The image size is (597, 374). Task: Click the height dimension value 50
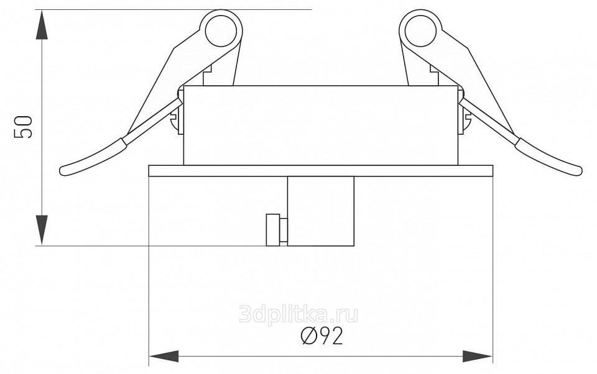(x=22, y=127)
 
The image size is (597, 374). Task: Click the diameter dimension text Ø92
(x=322, y=335)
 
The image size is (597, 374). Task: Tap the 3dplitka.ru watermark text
(x=298, y=314)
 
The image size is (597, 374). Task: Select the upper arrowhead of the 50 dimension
(x=42, y=25)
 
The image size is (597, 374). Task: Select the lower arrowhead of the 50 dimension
(x=42, y=230)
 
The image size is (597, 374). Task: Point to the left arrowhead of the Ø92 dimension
(x=164, y=357)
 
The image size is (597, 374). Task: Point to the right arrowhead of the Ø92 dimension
(x=478, y=357)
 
